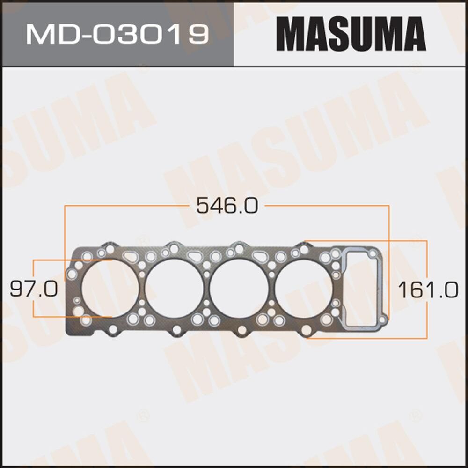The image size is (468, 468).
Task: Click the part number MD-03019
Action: pos(117,34)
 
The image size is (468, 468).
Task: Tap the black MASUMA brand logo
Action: pos(351,34)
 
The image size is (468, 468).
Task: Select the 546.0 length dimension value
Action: pos(227,206)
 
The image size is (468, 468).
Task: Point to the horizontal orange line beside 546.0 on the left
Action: pos(126,205)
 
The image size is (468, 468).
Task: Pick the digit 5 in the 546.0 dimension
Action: pos(203,206)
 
